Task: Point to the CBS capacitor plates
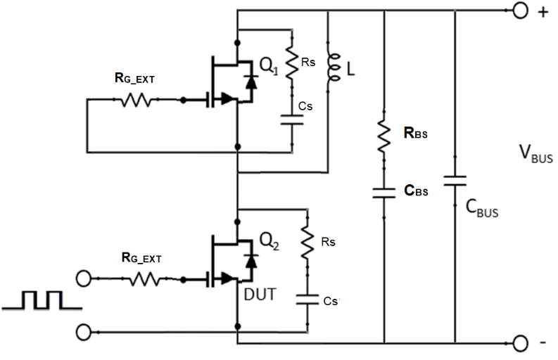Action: click(384, 191)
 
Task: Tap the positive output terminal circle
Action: click(521, 11)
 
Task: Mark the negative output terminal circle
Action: click(521, 343)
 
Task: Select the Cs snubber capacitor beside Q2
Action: click(307, 299)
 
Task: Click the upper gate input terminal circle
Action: click(84, 279)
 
